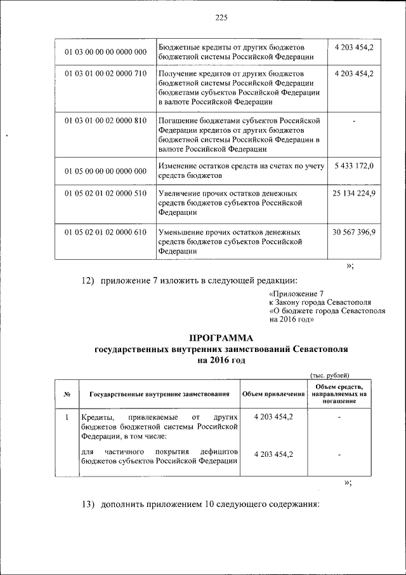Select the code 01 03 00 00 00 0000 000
[x=105, y=51]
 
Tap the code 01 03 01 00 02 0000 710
[x=105, y=74]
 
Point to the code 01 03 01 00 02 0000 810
[x=105, y=121]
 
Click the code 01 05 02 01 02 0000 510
[x=105, y=193]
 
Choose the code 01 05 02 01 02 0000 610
[x=105, y=232]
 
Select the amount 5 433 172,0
[x=353, y=166]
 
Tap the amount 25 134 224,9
[x=353, y=193]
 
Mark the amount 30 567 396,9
[x=353, y=232]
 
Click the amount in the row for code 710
[x=353, y=74]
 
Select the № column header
[x=67, y=395]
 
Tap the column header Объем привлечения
[x=273, y=395]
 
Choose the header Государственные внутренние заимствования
[x=159, y=395]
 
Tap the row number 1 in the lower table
[x=67, y=417]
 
